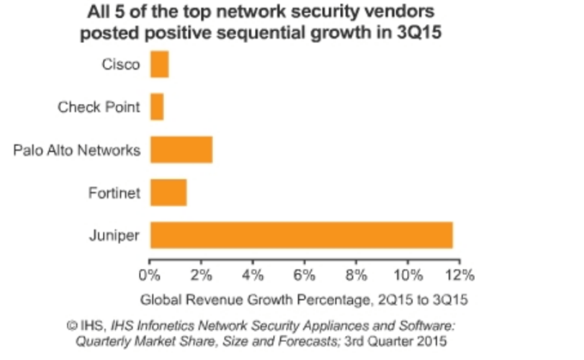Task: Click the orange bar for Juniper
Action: pyautogui.click(x=301, y=235)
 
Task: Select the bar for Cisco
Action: pyautogui.click(x=159, y=64)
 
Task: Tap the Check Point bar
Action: pyautogui.click(x=156, y=107)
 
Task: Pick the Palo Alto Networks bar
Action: pyautogui.click(x=180, y=149)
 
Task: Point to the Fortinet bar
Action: pyautogui.click(x=167, y=192)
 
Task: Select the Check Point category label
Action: pyautogui.click(x=98, y=107)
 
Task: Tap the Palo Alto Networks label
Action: pyautogui.click(x=76, y=150)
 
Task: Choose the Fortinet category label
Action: pyautogui.click(x=115, y=192)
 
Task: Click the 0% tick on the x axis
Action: pyautogui.click(x=149, y=276)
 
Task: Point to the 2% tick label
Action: pyautogui.click(x=201, y=276)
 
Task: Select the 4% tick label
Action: pyautogui.click(x=252, y=276)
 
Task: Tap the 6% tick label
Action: pyautogui.click(x=304, y=276)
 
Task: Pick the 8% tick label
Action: pyautogui.click(x=356, y=276)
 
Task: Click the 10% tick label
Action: pyautogui.click(x=407, y=276)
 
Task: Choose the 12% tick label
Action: pyautogui.click(x=459, y=276)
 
